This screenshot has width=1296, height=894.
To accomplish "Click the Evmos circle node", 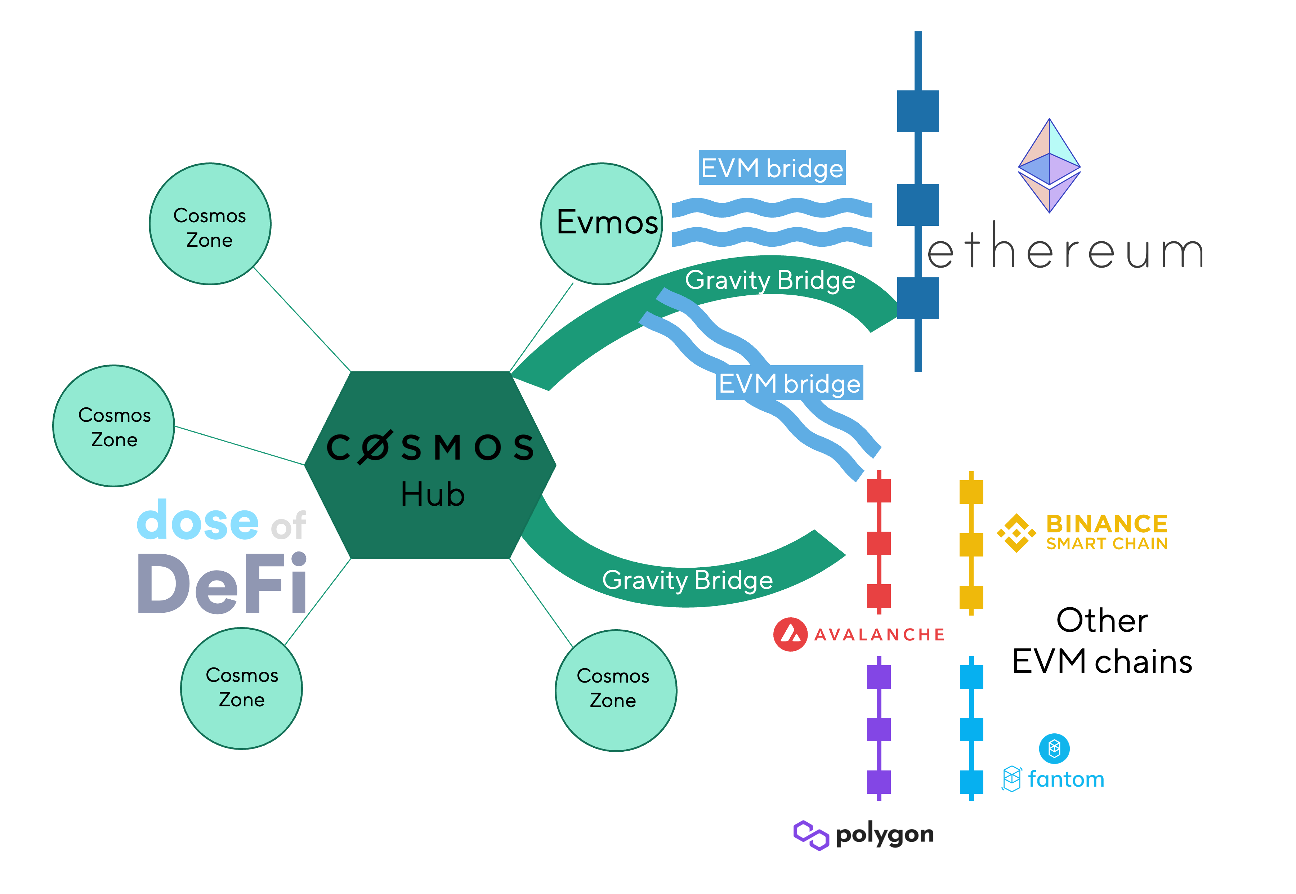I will [602, 224].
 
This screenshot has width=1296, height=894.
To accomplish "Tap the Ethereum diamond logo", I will [1049, 166].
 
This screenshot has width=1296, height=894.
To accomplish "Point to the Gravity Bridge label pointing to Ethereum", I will [770, 280].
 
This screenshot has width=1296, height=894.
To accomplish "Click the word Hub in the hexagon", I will [432, 495].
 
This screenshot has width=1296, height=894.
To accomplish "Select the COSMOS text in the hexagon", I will [430, 448].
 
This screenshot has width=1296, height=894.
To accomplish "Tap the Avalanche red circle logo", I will [790, 634].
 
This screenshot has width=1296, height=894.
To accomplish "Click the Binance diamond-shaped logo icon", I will [1016, 533].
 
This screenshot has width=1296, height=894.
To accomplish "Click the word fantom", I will [1066, 779].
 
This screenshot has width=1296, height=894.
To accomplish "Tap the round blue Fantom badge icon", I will [1054, 748].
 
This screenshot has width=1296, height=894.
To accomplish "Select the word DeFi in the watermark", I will [222, 584].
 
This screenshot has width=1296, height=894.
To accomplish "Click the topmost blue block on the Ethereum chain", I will [918, 111].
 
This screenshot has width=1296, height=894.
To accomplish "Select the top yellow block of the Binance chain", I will [971, 492].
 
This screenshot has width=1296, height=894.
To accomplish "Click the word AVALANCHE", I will [879, 635].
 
